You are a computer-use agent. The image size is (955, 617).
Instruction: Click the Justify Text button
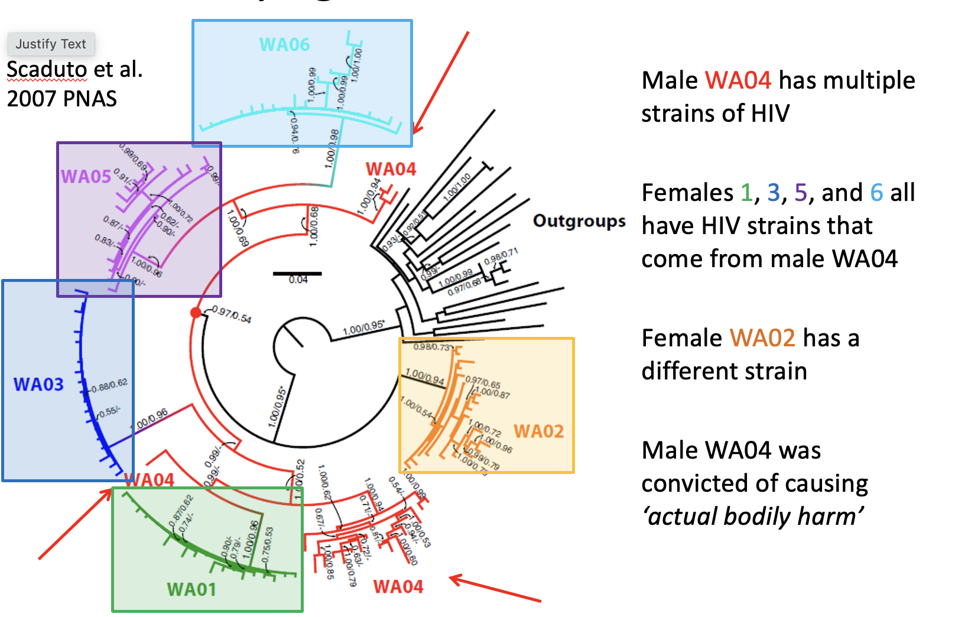coord(51,44)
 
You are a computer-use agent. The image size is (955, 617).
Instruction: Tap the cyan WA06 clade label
coord(284,44)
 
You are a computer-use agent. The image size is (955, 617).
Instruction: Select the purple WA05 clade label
coord(86,176)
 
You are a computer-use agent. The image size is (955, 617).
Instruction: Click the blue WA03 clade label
coord(38,384)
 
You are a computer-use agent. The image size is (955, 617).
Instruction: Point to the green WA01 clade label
coord(191,589)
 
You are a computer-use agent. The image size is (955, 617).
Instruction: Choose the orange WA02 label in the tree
coord(538,431)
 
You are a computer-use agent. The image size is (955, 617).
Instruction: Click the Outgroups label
coord(579,221)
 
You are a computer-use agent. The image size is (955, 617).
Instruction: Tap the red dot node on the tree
coord(196,312)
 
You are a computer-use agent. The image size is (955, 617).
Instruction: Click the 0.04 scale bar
coord(297,274)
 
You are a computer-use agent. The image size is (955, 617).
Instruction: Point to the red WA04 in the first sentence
coord(738,80)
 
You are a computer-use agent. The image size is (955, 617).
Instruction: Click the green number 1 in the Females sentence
coord(746,193)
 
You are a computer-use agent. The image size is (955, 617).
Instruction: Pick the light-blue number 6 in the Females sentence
coord(876,193)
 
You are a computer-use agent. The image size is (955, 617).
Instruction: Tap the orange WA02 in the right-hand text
coord(762,338)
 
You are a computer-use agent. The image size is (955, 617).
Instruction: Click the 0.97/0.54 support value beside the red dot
coord(232,314)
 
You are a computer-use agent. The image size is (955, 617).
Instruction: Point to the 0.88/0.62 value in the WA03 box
coord(109,385)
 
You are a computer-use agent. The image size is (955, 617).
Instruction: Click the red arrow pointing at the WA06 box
coord(440,83)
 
